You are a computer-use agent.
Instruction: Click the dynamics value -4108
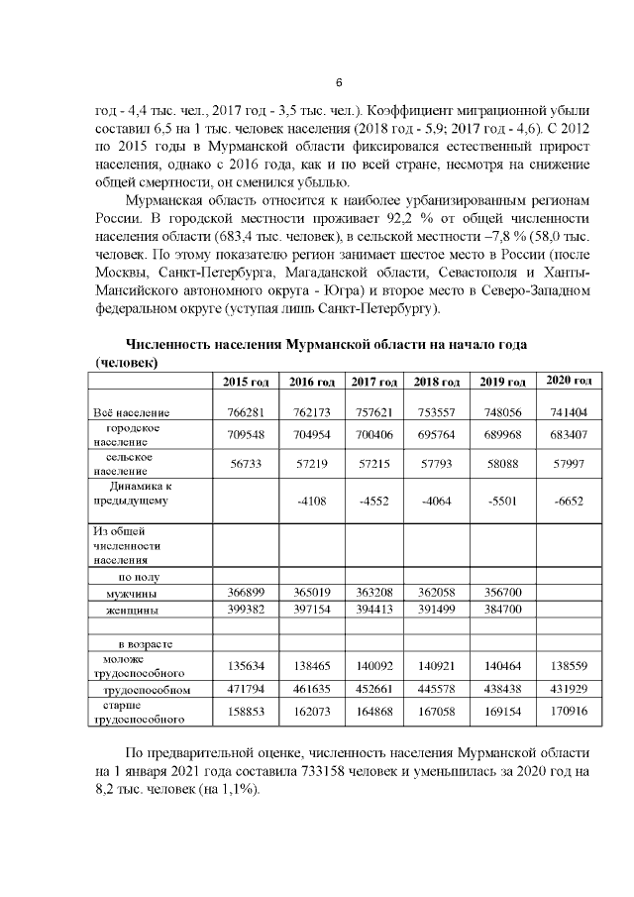tap(308, 501)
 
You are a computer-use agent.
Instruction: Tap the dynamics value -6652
tap(568, 501)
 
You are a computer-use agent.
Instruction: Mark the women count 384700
tap(500, 610)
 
